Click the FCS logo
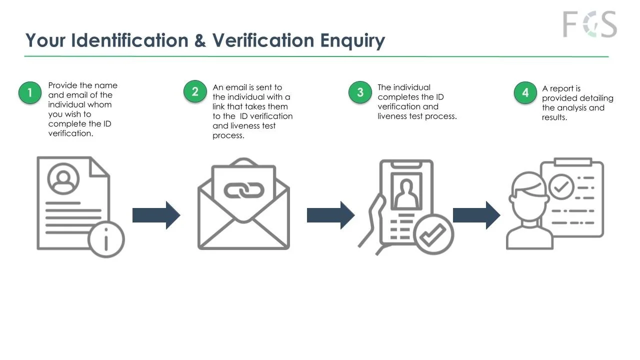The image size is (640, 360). tap(589, 24)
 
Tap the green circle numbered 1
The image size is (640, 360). tap(30, 93)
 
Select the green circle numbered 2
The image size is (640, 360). tap(195, 92)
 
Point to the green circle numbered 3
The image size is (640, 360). tap(360, 92)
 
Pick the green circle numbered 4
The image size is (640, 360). tap(525, 93)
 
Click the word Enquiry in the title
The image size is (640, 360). tap(352, 40)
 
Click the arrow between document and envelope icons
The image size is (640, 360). tap(156, 215)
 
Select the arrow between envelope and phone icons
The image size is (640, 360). tap(330, 215)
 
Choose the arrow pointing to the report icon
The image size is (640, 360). tap(476, 215)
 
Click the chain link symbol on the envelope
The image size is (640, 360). tap(243, 190)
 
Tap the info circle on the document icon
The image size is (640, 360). tap(106, 239)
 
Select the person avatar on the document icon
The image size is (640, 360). tap(63, 178)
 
